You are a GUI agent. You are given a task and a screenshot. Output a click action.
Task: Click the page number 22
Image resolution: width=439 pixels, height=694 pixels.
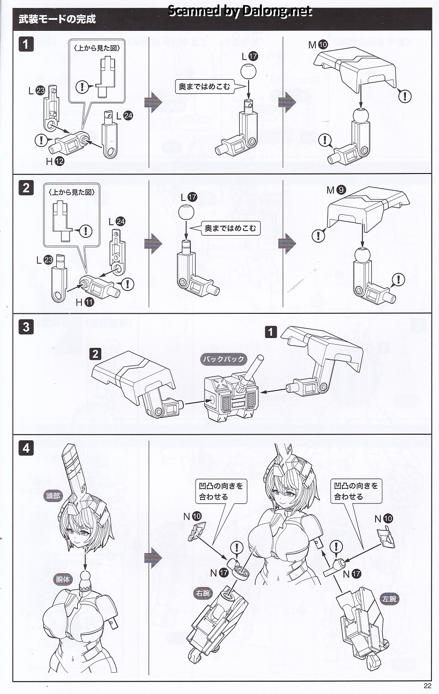pyautogui.click(x=427, y=685)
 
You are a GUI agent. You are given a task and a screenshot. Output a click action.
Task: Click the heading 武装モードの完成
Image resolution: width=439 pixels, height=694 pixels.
pyautogui.click(x=57, y=19)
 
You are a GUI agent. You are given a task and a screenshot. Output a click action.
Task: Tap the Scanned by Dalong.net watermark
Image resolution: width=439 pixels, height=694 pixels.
pyautogui.click(x=240, y=11)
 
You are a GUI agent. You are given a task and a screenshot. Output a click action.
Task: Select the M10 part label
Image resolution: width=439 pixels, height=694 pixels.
pyautogui.click(x=318, y=45)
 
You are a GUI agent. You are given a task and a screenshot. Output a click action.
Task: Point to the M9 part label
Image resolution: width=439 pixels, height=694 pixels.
pyautogui.click(x=336, y=190)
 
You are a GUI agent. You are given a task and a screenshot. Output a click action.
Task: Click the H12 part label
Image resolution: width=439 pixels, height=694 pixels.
pyautogui.click(x=55, y=161)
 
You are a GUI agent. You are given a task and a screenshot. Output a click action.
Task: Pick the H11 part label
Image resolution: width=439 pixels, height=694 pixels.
pyautogui.click(x=85, y=302)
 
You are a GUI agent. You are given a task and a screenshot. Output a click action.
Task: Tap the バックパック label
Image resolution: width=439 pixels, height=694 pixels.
pyautogui.click(x=224, y=359)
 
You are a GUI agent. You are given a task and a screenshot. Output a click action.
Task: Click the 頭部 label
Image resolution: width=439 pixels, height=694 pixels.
pyautogui.click(x=53, y=496)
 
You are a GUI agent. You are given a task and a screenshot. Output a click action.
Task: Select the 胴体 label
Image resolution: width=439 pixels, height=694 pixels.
pyautogui.click(x=63, y=579)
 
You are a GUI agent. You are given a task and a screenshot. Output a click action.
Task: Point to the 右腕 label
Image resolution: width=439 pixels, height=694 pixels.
pyautogui.click(x=203, y=594)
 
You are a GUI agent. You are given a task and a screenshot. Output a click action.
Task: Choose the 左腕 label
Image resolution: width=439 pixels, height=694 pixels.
pyautogui.click(x=389, y=599)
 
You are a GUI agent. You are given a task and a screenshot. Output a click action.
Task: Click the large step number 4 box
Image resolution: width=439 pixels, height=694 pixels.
pyautogui.click(x=26, y=448)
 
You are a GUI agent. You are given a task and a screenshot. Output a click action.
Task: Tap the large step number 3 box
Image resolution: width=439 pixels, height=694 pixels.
pyautogui.click(x=26, y=327)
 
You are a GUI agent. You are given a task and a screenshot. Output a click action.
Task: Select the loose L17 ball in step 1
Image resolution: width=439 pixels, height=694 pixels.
pyautogui.click(x=248, y=71)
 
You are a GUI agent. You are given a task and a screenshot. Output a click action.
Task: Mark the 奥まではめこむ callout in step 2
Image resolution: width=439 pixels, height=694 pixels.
pyautogui.click(x=230, y=228)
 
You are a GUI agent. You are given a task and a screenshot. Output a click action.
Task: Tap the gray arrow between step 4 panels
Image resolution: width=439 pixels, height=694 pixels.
pyautogui.click(x=153, y=558)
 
